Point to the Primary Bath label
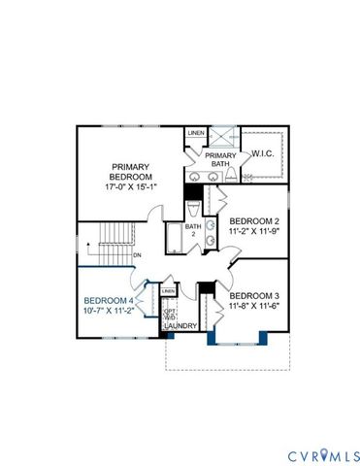click(x=220, y=160)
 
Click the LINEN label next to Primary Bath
click(x=196, y=133)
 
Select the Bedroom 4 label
click(x=109, y=301)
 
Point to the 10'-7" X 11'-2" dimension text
click(x=109, y=313)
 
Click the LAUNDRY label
click(x=180, y=326)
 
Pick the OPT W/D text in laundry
click(x=169, y=314)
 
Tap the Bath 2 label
click(x=192, y=231)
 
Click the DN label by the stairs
click(x=137, y=255)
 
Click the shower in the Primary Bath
click(x=221, y=136)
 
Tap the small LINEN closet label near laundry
click(x=168, y=291)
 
